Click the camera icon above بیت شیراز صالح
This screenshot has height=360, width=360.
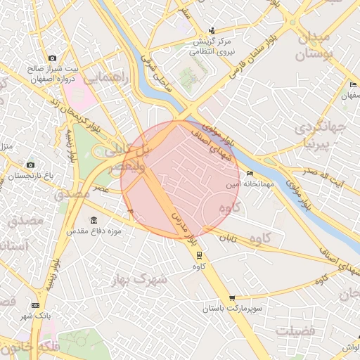(x=52, y=58)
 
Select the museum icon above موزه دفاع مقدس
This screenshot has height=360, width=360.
(x=94, y=220)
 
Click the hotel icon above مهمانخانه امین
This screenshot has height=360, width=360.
(x=250, y=174)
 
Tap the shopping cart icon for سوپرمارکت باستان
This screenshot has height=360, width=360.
(x=232, y=298)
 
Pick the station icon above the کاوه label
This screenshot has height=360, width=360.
(x=199, y=255)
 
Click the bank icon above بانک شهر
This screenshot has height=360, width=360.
(x=35, y=305)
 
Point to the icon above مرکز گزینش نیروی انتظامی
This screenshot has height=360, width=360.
(x=212, y=30)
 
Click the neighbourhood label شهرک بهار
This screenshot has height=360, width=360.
(x=140, y=279)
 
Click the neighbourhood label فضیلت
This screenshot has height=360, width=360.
(x=296, y=330)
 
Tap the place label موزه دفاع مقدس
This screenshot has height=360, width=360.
(x=94, y=231)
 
